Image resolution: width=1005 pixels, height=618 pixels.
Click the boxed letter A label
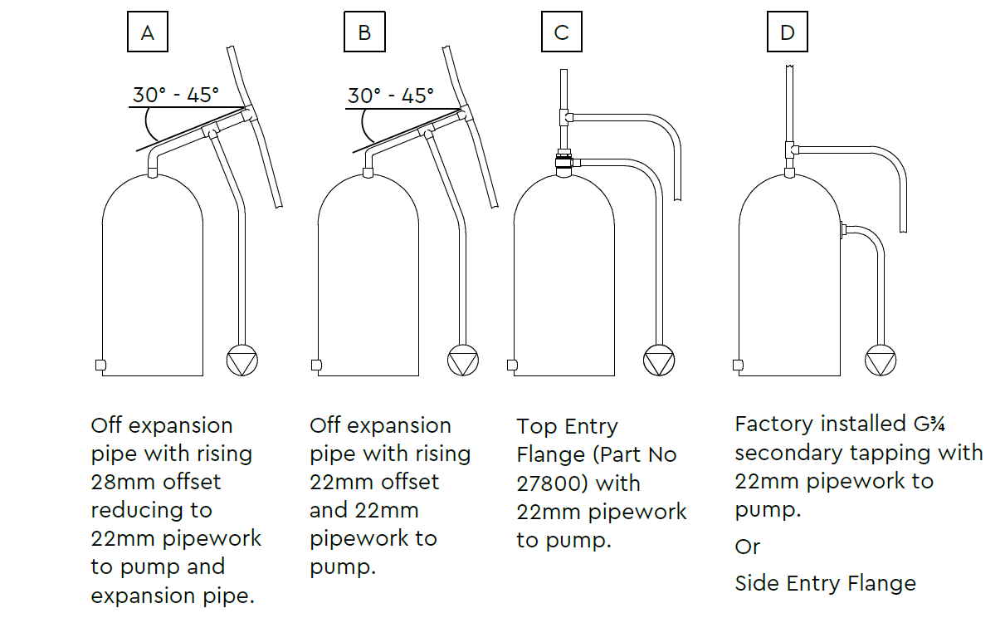(x=148, y=32)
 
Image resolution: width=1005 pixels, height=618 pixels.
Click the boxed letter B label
(x=364, y=32)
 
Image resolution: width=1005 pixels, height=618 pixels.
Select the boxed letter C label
(x=562, y=32)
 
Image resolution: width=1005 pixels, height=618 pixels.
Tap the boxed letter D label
(x=788, y=32)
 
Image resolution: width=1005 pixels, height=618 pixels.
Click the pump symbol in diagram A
(x=241, y=360)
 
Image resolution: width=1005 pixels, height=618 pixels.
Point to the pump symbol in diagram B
(x=463, y=360)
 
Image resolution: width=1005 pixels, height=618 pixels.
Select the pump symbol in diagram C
(x=659, y=360)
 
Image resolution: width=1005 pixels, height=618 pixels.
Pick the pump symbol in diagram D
(x=881, y=360)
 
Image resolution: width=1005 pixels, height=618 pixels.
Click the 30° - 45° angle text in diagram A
(x=176, y=95)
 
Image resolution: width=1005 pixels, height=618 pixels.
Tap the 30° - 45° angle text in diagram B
(x=391, y=96)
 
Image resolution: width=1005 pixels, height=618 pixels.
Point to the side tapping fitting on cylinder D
(x=843, y=230)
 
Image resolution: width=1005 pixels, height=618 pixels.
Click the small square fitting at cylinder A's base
(x=101, y=365)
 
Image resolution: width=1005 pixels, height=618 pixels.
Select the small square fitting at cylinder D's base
(x=738, y=365)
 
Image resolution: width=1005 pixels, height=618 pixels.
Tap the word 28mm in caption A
(x=124, y=482)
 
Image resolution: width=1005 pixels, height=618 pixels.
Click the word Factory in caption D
(x=774, y=424)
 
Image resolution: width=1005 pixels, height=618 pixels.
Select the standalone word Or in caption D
(x=748, y=547)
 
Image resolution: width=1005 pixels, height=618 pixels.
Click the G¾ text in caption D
(x=929, y=424)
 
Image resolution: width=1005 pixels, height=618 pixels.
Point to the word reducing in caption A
(x=137, y=511)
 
